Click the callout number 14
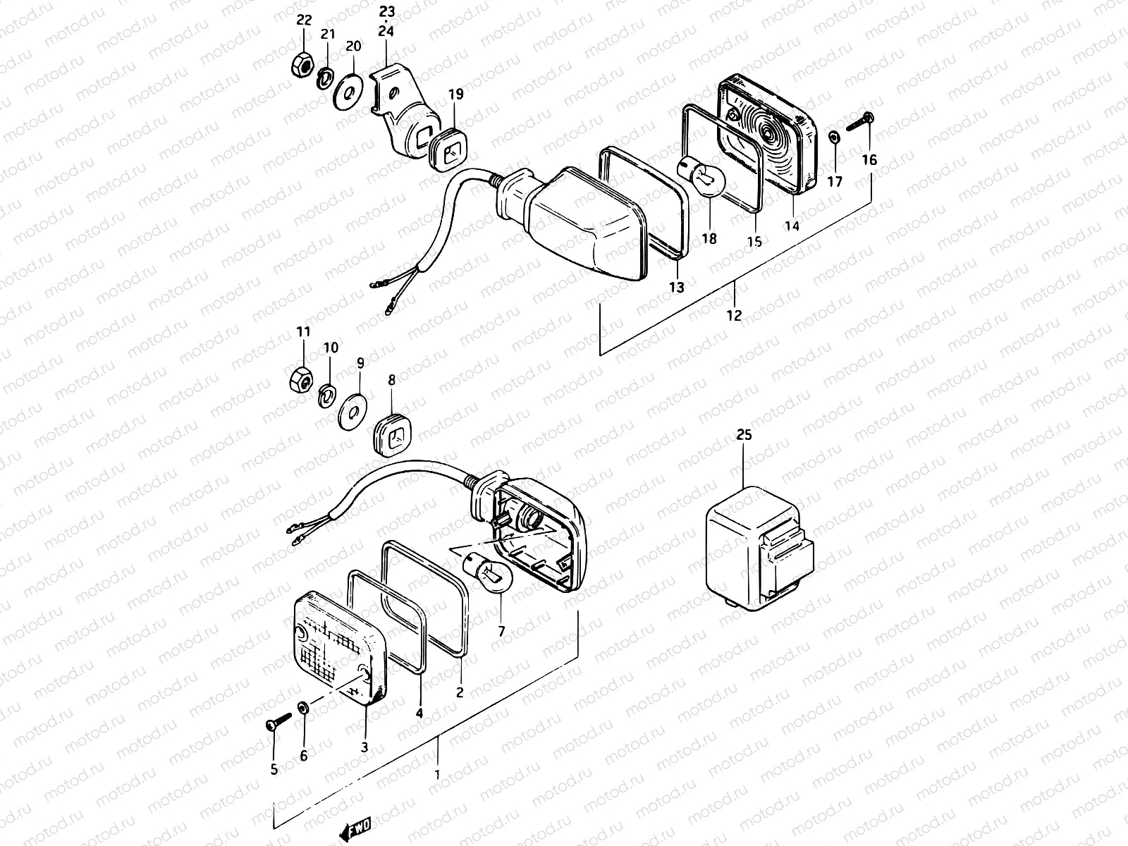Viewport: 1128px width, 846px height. point(792,226)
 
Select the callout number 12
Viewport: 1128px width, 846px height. point(734,315)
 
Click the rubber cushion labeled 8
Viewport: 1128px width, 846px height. point(392,432)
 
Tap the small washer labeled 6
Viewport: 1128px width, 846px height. point(303,707)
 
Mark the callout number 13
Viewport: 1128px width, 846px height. point(676,287)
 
